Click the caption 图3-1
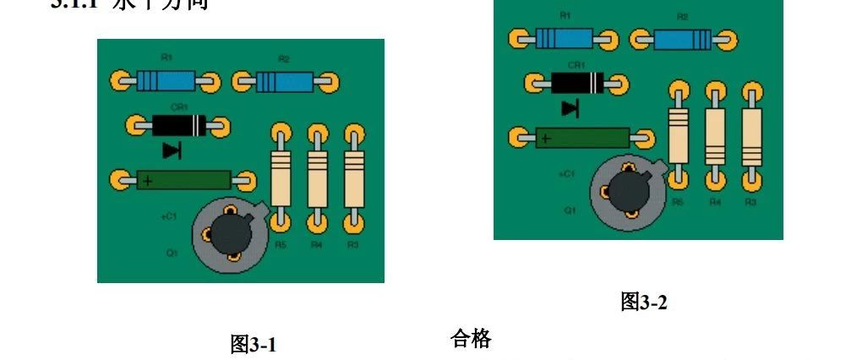click(254, 345)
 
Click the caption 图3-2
click(644, 302)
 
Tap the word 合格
click(472, 340)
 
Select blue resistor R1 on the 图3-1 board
click(166, 81)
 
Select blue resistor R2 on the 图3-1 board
click(284, 82)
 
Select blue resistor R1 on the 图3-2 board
click(563, 39)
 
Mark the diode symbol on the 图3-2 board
click(570, 108)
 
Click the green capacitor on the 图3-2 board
click(581, 137)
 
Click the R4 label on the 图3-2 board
click(715, 203)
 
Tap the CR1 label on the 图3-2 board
click(576, 65)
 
